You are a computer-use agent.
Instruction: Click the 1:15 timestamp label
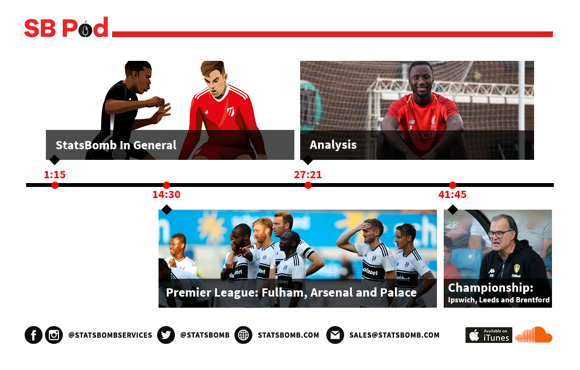click(x=55, y=175)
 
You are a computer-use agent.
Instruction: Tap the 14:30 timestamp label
click(x=166, y=194)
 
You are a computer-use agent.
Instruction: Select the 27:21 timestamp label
click(x=307, y=175)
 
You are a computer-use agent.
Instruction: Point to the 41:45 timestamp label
click(x=452, y=194)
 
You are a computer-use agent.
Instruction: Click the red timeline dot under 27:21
click(x=308, y=185)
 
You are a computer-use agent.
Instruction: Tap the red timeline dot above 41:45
click(x=452, y=185)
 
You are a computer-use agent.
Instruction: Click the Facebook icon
click(x=33, y=335)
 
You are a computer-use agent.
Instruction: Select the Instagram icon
click(x=54, y=335)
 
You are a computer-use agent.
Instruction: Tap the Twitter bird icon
click(x=166, y=335)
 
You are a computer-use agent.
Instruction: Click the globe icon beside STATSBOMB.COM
click(x=243, y=335)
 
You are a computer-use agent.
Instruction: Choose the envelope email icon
click(x=335, y=335)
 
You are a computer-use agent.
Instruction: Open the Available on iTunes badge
click(x=489, y=335)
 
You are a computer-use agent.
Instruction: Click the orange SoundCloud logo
click(x=534, y=335)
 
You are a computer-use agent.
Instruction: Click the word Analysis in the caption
click(x=333, y=145)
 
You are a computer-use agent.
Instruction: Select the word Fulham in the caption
click(x=284, y=293)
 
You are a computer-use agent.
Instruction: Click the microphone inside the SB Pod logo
click(x=85, y=30)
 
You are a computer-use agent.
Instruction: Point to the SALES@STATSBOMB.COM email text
click(x=394, y=335)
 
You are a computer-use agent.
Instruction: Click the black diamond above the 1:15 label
click(x=54, y=160)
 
